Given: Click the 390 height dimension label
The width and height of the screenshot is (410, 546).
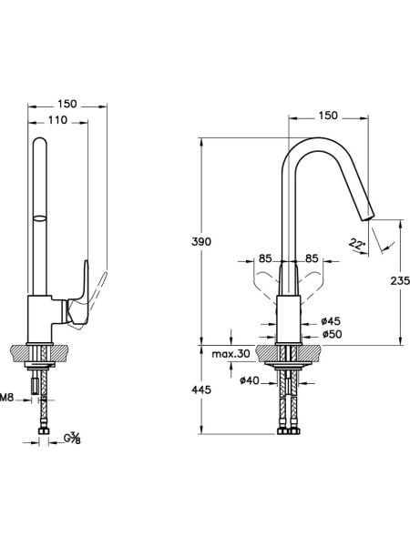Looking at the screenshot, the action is pos(201,241).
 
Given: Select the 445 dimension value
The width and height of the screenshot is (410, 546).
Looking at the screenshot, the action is pos(201,389).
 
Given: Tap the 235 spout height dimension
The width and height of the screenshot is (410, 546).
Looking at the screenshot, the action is pos(400,280).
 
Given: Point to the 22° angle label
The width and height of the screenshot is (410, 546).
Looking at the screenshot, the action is pos(357,245).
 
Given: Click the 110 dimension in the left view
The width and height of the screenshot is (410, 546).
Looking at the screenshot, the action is pos(57,120).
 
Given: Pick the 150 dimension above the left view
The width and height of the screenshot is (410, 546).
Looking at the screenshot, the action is pos(67,104).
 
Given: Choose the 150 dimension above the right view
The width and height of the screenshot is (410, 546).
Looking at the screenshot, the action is pos(328,116).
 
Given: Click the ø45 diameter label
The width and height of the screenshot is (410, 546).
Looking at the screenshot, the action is pos(331,320).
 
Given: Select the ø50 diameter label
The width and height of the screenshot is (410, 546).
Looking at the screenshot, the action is pos(332,334).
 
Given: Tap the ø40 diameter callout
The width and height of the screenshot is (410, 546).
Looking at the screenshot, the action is pos(250,380).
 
